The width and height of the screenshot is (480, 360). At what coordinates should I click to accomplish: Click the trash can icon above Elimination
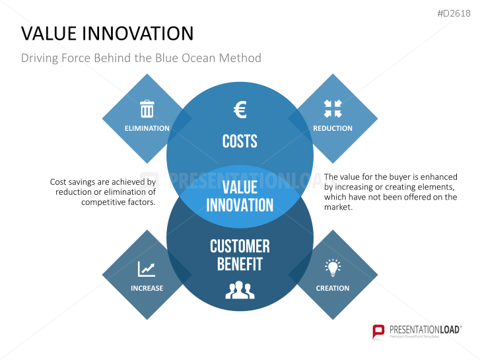tap(147, 109)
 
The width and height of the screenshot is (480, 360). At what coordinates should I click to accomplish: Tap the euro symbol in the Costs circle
tap(240, 110)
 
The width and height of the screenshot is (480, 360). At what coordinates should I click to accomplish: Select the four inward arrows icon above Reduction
tap(333, 109)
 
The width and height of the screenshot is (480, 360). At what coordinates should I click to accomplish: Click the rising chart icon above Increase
tap(147, 269)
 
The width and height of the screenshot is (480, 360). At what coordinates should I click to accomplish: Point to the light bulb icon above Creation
tap(333, 268)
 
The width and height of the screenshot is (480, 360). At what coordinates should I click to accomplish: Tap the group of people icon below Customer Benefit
tap(240, 290)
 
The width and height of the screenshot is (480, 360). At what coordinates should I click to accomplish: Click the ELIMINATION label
tap(147, 128)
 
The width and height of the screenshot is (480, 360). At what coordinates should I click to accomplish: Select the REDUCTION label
tap(333, 128)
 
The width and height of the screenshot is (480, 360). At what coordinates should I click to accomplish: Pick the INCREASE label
tap(147, 288)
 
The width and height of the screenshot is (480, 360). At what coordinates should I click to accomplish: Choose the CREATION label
tap(333, 288)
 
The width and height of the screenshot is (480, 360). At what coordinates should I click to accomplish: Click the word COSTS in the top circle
tap(240, 141)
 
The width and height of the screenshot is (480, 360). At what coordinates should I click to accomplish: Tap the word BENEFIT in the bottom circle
tap(240, 264)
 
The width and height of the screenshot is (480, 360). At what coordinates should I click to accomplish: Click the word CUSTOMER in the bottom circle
tap(240, 246)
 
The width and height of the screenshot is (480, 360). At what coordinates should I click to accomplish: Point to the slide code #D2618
tap(454, 13)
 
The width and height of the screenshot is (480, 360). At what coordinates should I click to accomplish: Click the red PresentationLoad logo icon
tap(378, 332)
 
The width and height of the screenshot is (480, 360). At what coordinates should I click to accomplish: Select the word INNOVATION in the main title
tap(138, 34)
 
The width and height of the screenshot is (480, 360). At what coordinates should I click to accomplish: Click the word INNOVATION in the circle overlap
tap(240, 205)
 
